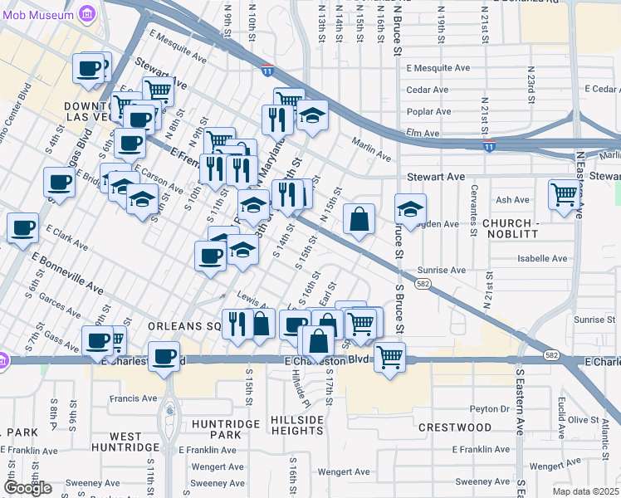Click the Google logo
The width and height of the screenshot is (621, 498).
(28, 488)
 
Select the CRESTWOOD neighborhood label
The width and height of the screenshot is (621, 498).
(455, 427)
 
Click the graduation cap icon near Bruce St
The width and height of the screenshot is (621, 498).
(410, 209)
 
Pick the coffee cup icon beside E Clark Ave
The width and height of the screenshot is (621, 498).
(23, 227)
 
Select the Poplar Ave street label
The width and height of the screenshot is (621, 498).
(428, 111)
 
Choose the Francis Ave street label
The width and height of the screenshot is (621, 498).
(134, 398)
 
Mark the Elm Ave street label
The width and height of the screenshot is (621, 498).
(422, 132)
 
